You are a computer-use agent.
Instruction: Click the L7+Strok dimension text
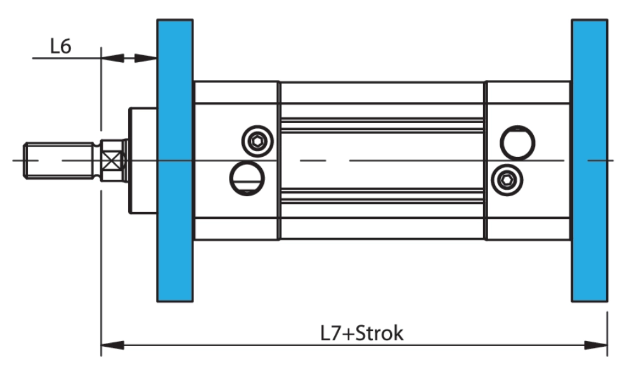pos(361,333)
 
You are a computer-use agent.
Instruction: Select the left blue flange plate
pos(175,160)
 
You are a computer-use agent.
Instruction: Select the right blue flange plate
pos(589,160)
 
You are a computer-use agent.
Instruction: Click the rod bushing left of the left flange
pos(143,160)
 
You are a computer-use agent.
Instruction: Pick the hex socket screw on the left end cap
pos(258,140)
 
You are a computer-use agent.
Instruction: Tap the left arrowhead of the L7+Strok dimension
pos(112,345)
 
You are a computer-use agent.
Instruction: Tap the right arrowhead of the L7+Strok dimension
pos(596,345)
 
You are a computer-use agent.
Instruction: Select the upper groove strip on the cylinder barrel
pos(382,125)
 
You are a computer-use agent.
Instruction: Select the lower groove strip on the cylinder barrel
pos(382,196)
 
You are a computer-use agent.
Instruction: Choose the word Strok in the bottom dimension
pos(379,333)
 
